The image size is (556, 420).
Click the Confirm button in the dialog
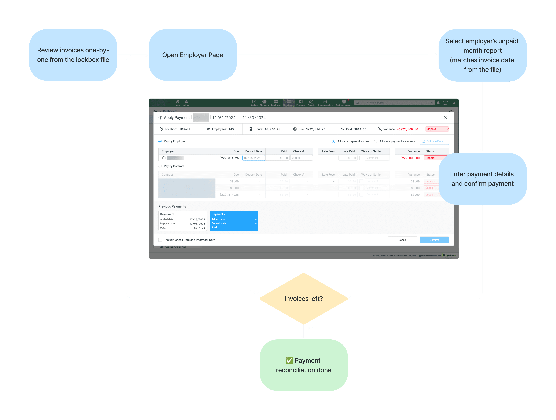pos(434,240)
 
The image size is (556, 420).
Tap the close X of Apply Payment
pos(446,118)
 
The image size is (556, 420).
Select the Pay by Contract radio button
pos(160,166)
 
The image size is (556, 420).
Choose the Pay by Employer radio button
pos(160,141)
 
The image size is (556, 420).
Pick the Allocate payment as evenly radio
pos(376,141)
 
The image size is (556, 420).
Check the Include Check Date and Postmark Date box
pos(160,240)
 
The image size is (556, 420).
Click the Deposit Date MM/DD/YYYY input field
pos(253,158)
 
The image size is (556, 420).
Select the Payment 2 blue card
pos(234,221)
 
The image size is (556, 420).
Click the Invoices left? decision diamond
pos(304,299)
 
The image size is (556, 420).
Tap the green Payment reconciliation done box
pos(304,365)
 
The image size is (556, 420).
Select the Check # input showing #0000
pos(301,158)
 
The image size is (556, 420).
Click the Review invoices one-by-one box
pos(73,55)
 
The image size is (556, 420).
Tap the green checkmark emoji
pos(289,360)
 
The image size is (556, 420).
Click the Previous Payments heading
pos(172,206)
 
